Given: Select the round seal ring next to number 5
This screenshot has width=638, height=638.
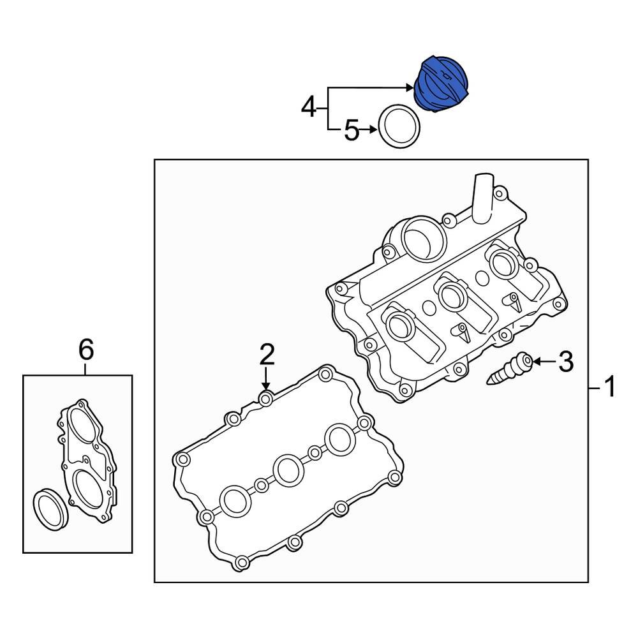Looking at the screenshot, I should click(399, 128).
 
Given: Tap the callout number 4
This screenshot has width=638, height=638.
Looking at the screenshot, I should click(309, 107).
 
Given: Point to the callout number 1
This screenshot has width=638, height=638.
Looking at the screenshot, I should click(610, 387).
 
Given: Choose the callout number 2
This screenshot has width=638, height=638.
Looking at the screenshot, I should click(266, 353).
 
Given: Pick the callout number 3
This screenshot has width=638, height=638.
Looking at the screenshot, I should click(565, 362).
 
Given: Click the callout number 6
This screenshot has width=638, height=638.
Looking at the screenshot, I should click(86, 350).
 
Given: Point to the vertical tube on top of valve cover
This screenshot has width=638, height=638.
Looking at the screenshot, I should click(482, 198).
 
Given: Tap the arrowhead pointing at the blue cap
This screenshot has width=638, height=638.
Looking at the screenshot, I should click(411, 87).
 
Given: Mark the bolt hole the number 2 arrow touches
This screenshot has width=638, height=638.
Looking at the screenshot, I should click(266, 399).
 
